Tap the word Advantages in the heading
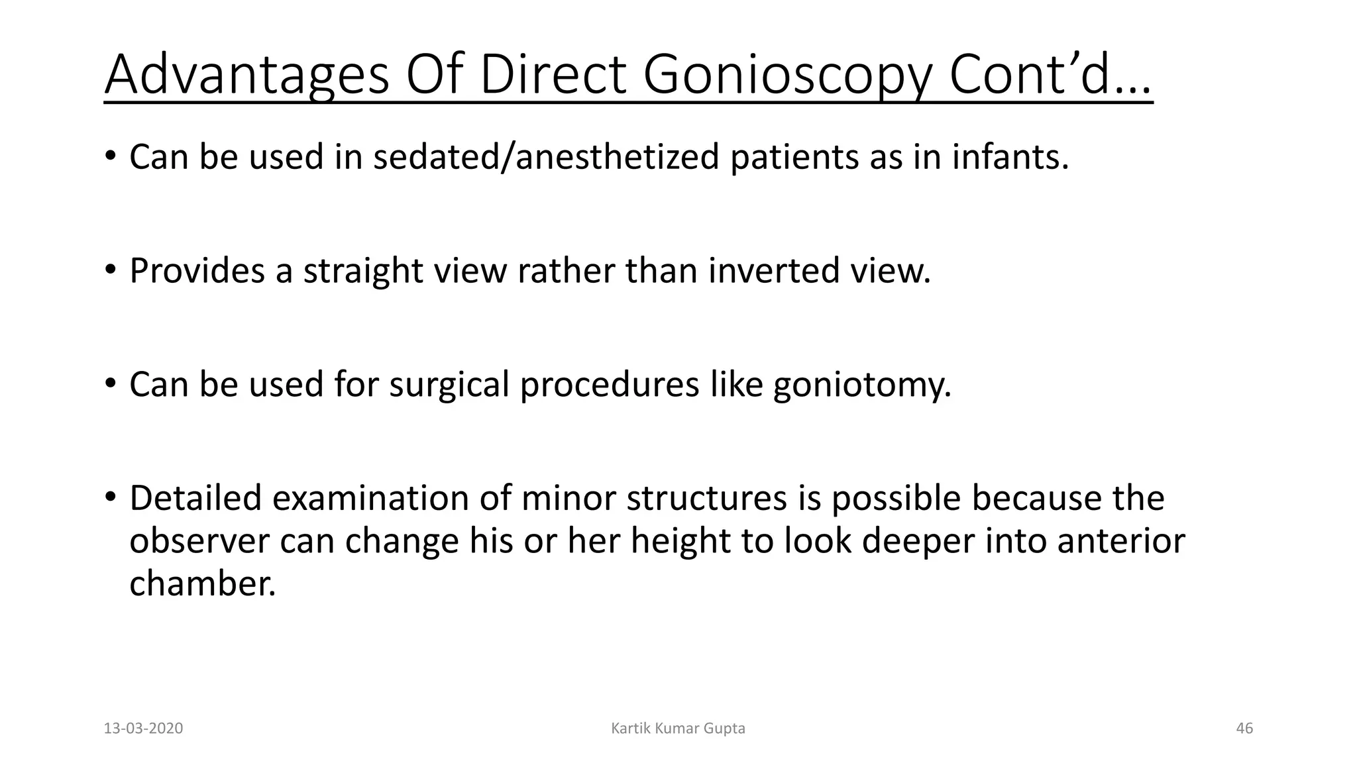pos(246,76)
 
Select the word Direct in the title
pos(553,74)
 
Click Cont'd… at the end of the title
pos(1050,74)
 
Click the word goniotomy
pos(861,385)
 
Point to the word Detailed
pos(195,498)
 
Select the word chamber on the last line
pos(202,583)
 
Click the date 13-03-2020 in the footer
pos(143,729)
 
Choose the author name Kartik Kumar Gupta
pos(678,729)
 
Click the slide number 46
pos(1244,729)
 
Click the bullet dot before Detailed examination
pos(111,497)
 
